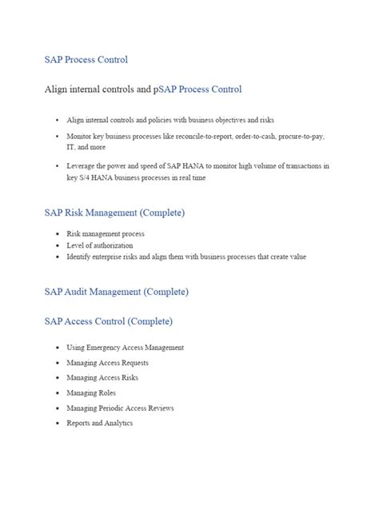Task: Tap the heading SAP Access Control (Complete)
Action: pos(108,321)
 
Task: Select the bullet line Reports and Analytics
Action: pos(99,423)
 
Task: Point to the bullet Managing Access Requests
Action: pos(107,363)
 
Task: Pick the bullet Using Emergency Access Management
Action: pos(125,348)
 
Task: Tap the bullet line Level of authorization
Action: pos(100,245)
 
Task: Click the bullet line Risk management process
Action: pos(106,234)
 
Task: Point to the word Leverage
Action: pos(82,166)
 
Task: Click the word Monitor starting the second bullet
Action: pos(80,137)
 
